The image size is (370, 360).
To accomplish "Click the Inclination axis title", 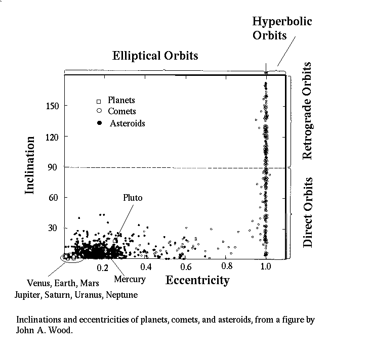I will (30, 164).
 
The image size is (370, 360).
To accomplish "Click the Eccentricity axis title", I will (197, 280).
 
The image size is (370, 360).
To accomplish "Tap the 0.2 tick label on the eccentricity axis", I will (103, 267).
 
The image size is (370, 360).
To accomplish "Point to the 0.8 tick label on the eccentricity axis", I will (226, 266).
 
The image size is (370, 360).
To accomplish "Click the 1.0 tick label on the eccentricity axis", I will (266, 266).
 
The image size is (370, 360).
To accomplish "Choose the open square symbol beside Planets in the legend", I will (99, 101).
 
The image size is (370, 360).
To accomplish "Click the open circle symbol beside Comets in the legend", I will (99, 111).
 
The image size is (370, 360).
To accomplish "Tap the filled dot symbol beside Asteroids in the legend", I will (99, 123).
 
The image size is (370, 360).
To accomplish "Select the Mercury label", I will (130, 279).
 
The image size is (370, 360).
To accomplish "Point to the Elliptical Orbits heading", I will (155, 55).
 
